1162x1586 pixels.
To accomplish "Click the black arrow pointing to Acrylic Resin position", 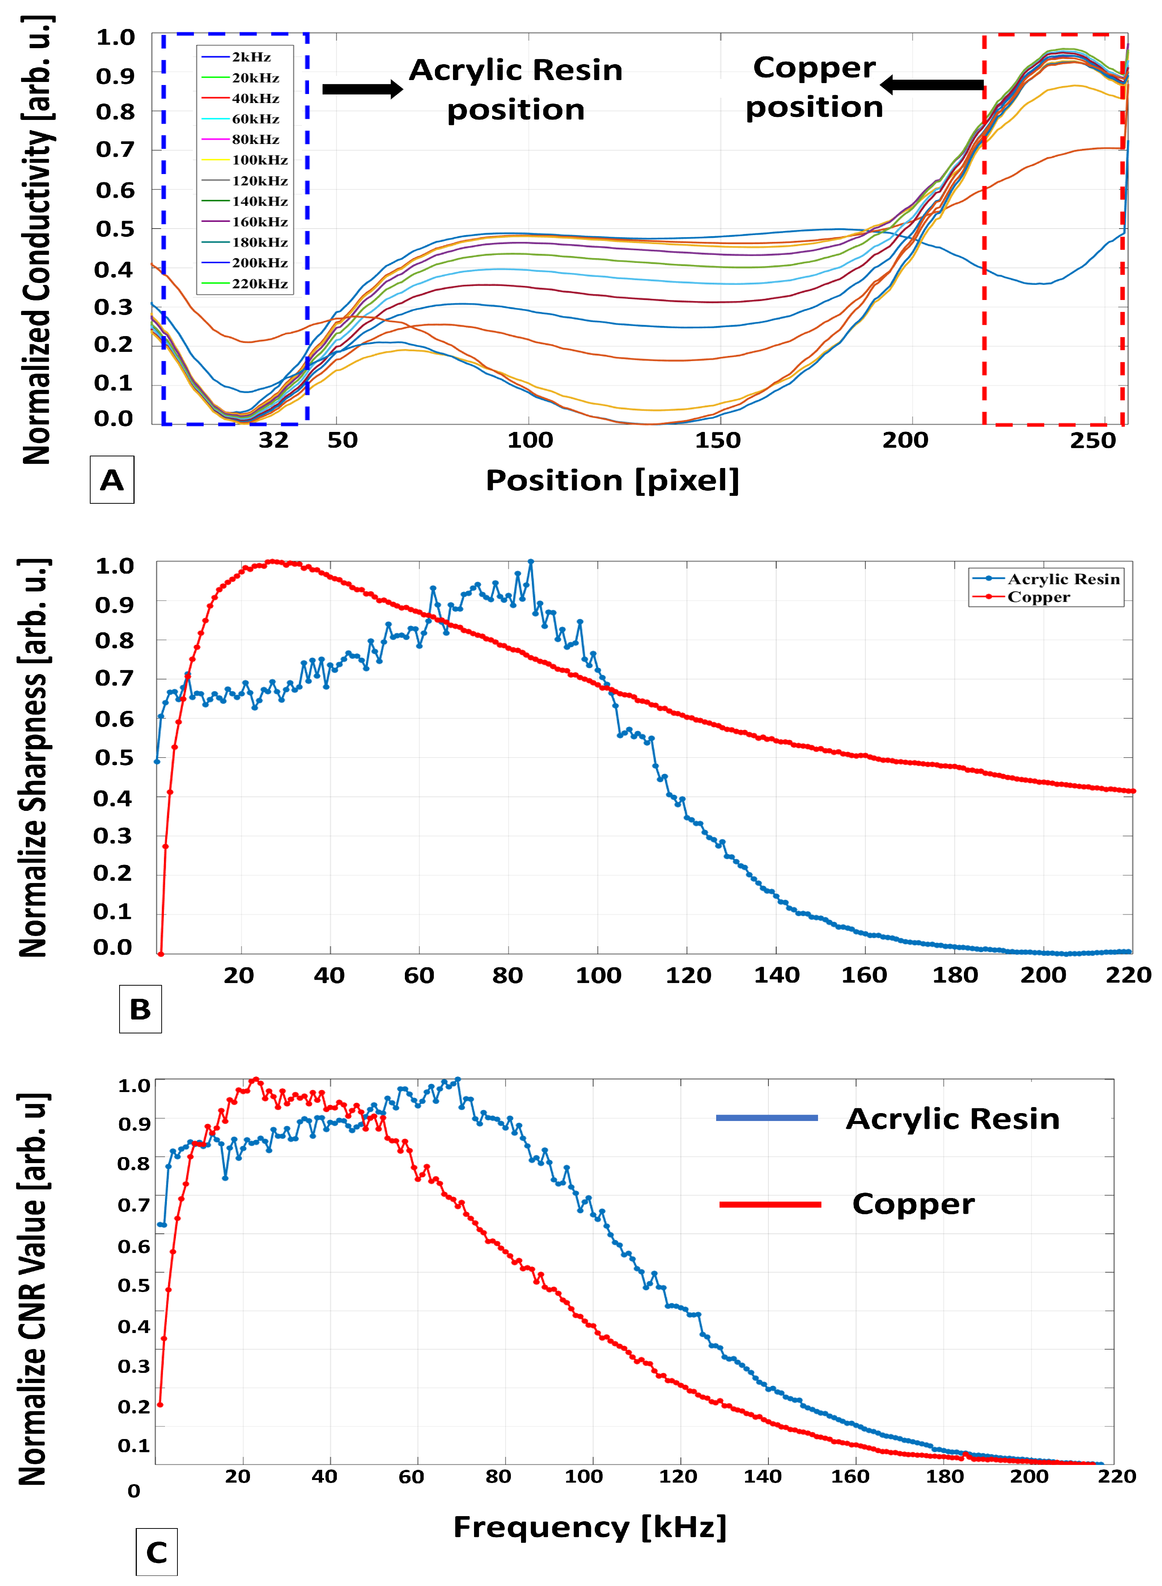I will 362,89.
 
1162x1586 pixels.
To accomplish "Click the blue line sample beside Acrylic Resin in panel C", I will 767,1118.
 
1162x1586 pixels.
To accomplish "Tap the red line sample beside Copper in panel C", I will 770,1204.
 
